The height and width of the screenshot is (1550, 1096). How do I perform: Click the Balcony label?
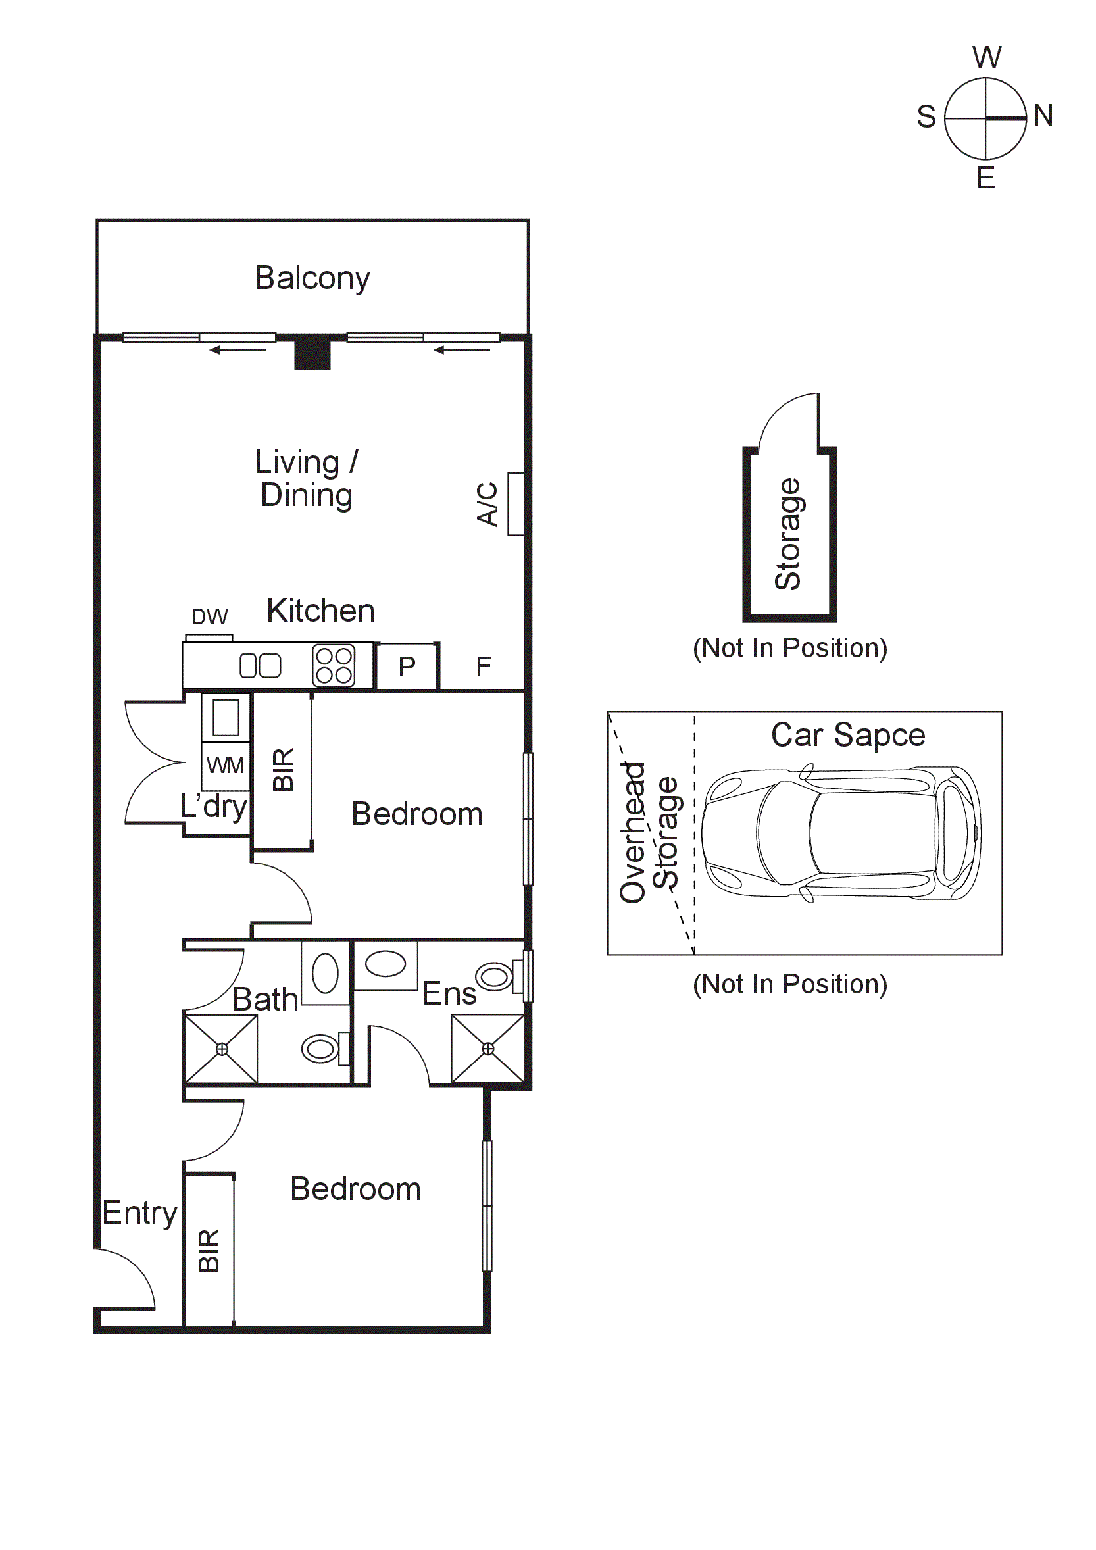click(312, 278)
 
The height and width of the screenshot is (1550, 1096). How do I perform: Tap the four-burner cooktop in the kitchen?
click(334, 666)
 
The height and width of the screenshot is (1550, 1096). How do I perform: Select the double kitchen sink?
click(261, 666)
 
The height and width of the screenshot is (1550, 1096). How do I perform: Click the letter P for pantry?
click(407, 667)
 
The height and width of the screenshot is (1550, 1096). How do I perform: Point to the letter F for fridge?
click(484, 667)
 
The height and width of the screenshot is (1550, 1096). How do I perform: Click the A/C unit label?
click(487, 503)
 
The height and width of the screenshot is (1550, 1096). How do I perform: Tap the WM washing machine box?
click(226, 766)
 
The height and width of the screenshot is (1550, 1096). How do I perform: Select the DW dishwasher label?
click(209, 616)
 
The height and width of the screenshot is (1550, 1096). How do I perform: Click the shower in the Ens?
click(488, 1049)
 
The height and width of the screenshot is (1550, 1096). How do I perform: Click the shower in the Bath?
click(221, 1049)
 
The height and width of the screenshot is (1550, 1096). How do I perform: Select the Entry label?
click(139, 1213)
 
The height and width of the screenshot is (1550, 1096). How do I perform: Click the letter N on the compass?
click(1043, 115)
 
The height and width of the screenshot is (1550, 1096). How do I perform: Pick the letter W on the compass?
click(987, 57)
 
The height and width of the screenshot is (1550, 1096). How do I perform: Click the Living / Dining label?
click(307, 479)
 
